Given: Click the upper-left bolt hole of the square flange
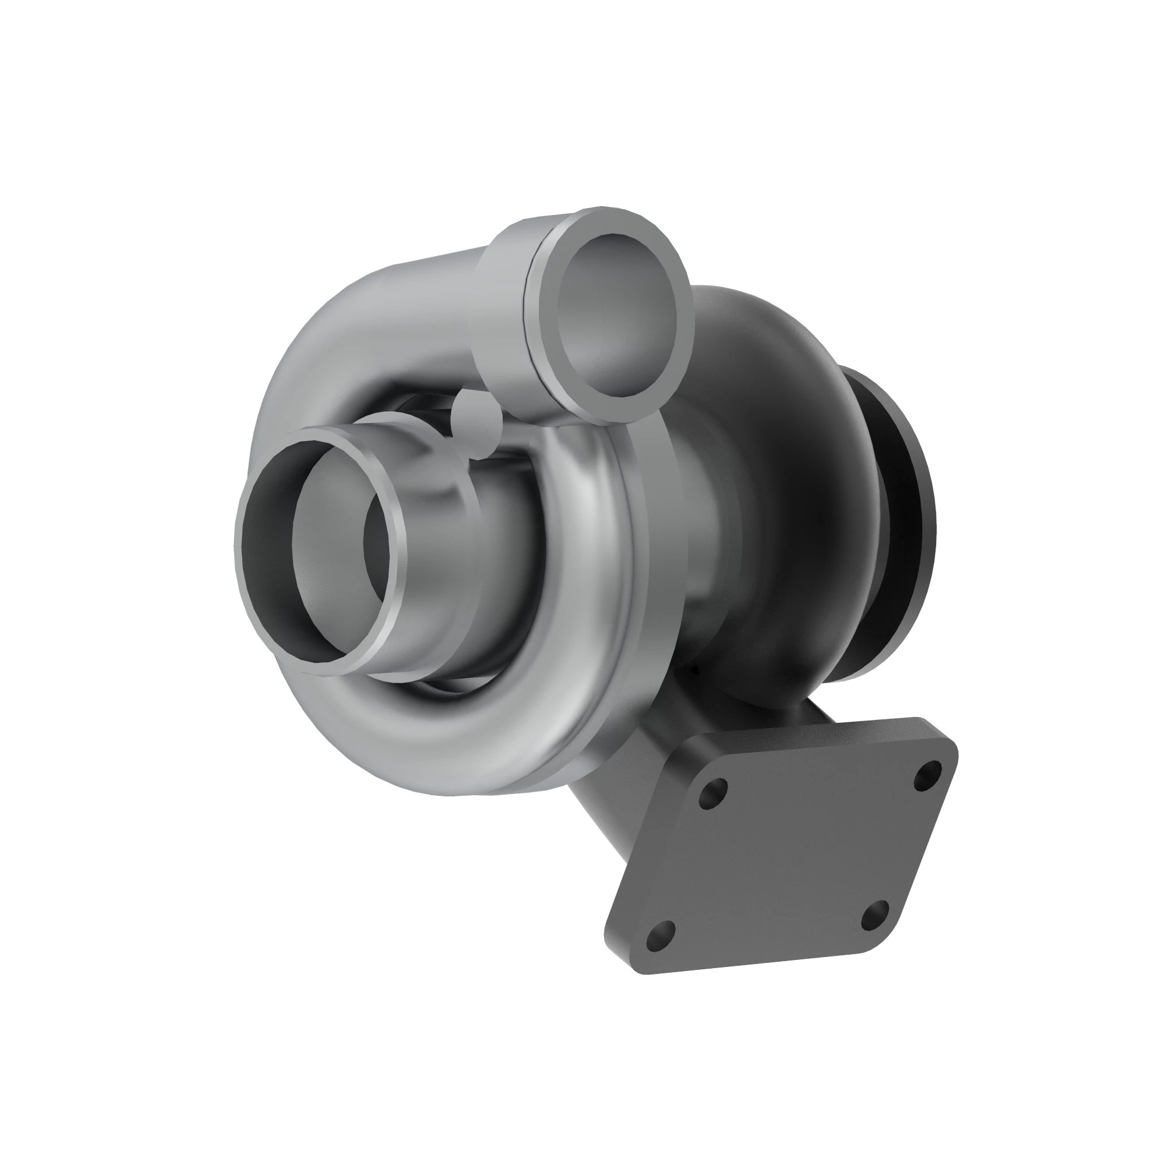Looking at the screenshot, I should [x=713, y=795].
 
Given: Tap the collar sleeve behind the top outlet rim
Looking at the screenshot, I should [x=503, y=313].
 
